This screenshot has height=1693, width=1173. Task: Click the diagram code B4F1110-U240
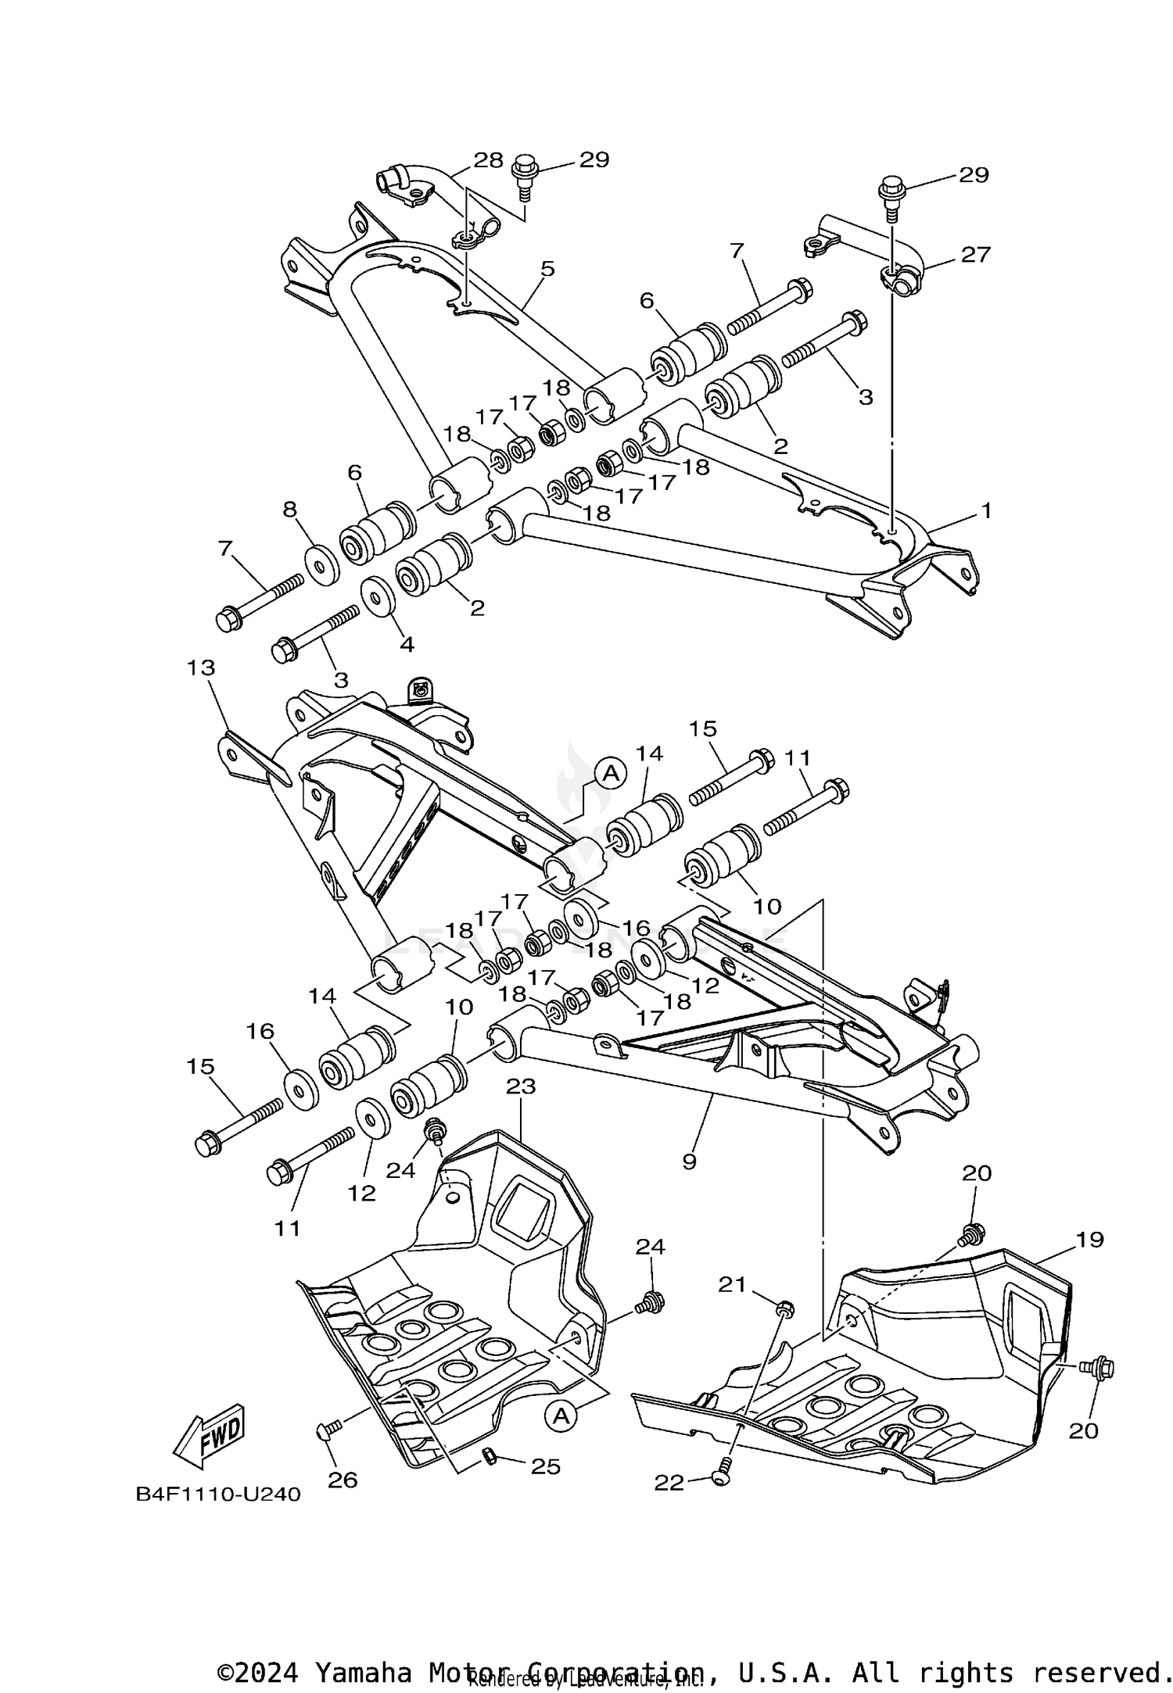click(x=218, y=1494)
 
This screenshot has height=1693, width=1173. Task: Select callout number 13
click(x=201, y=668)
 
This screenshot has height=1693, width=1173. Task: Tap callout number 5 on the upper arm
click(x=547, y=269)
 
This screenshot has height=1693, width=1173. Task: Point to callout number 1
click(x=986, y=511)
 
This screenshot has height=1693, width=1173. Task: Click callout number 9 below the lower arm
click(x=688, y=1161)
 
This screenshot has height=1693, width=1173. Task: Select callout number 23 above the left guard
click(x=521, y=1086)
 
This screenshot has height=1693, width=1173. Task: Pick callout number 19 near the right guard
click(x=1089, y=1239)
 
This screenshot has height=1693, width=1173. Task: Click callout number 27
click(x=975, y=254)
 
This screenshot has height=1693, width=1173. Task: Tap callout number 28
click(x=489, y=160)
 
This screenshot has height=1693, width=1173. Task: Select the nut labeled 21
click(x=786, y=1307)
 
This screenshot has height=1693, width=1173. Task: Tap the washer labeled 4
click(x=378, y=598)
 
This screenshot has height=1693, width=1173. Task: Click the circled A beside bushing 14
click(x=612, y=773)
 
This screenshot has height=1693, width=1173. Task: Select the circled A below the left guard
click(x=560, y=1414)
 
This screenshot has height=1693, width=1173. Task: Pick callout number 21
click(x=732, y=1284)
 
